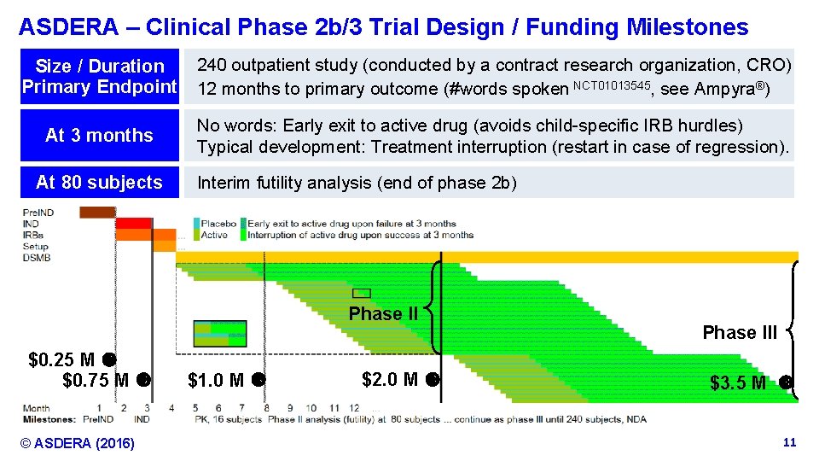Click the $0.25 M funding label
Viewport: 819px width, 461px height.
pos(61,359)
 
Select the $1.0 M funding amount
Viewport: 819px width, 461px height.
pos(216,380)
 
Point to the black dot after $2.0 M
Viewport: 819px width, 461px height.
pos(433,379)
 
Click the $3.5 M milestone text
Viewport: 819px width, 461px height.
pos(738,383)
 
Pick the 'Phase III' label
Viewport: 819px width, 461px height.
pos(740,333)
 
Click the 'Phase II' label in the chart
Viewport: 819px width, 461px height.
pos(383,314)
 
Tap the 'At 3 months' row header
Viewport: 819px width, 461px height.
pos(99,135)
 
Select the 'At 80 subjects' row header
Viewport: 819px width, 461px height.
pos(99,182)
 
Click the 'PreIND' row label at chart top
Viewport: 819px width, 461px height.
pos(39,213)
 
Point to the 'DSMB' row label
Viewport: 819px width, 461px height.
pos(37,257)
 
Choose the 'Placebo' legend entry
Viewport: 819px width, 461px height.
pos(218,224)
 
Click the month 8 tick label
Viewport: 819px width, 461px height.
pos(266,408)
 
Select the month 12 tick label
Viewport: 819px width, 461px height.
pos(353,408)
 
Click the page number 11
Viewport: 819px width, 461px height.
pos(789,442)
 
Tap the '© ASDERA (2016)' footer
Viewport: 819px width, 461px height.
pos(78,443)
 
